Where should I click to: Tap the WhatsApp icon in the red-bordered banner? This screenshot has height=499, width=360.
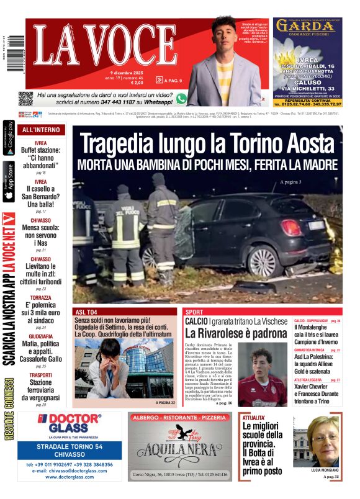click(181, 98)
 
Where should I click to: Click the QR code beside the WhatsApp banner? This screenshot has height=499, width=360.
click(25, 98)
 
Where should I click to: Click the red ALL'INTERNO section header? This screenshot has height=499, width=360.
click(41, 130)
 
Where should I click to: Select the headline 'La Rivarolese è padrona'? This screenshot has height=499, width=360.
click(235, 333)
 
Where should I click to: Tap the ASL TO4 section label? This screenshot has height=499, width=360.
click(86, 312)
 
